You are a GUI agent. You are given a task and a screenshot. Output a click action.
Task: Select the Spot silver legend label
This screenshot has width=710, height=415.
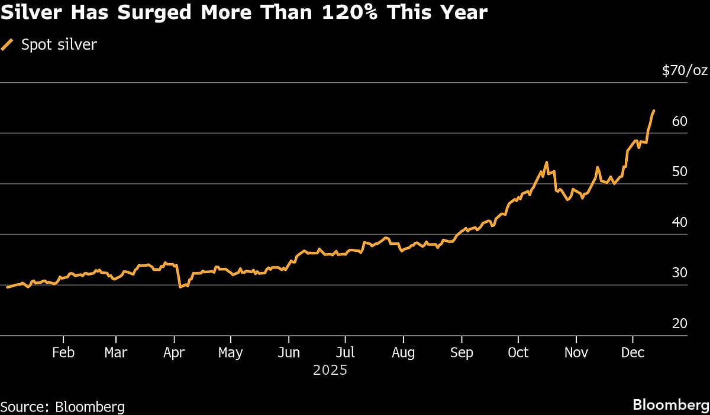59,44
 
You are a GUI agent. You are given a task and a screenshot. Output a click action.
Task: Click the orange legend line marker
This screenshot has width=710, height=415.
8,44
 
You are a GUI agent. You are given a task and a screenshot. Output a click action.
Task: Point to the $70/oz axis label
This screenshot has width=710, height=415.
685,71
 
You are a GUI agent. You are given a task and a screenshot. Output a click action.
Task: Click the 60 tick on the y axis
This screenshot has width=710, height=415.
679,121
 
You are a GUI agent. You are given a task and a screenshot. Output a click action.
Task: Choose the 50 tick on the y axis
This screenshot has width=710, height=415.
679,172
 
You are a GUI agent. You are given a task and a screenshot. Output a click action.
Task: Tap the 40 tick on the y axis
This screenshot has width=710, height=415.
679,222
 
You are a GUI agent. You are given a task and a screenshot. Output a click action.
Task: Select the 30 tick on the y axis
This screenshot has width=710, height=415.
679,273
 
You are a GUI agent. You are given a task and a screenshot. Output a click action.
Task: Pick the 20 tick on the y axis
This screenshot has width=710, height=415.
679,323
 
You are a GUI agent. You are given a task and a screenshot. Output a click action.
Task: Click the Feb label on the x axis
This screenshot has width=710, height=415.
63,352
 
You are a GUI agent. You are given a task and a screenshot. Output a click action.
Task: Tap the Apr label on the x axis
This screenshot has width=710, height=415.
174,352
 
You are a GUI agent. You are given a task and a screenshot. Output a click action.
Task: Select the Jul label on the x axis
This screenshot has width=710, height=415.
345,352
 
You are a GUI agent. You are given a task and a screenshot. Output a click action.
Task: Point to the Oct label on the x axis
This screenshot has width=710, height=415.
518,352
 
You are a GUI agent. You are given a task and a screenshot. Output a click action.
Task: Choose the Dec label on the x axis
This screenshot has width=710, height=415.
633,352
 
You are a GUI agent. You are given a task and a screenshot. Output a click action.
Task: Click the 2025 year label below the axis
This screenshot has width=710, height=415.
330,371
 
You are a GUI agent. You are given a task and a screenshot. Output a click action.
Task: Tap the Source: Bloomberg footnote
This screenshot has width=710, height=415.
63,407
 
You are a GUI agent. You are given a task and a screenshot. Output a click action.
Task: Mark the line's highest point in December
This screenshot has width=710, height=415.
653,111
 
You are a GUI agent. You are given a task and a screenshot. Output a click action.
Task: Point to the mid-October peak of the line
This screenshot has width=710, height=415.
546,162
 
